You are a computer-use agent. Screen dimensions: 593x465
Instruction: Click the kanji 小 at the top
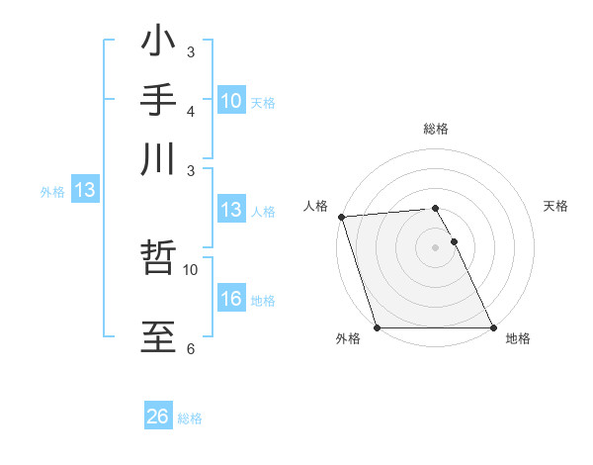click(x=159, y=45)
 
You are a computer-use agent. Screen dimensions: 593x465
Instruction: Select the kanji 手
click(x=159, y=102)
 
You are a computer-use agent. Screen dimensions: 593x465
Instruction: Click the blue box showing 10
click(x=231, y=101)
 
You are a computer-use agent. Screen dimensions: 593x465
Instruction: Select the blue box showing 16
click(x=231, y=299)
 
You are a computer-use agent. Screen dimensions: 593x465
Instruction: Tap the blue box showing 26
click(x=158, y=418)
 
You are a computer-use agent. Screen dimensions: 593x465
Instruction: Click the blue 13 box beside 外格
click(x=84, y=191)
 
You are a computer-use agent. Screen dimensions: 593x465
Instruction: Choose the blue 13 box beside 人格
click(x=231, y=210)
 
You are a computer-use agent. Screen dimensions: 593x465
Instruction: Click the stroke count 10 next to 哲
click(x=191, y=269)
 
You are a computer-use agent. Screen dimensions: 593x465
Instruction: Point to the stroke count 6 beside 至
click(x=191, y=349)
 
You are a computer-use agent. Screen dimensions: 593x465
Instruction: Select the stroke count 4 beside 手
click(x=191, y=111)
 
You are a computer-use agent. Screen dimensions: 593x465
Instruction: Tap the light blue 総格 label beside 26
click(x=190, y=418)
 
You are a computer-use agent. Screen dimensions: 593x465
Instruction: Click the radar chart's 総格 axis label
click(x=436, y=129)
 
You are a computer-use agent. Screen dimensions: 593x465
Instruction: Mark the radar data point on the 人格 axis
click(x=340, y=217)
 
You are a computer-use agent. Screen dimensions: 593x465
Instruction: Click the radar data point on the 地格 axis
click(x=492, y=327)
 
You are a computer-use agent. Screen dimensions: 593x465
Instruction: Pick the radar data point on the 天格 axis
click(x=455, y=241)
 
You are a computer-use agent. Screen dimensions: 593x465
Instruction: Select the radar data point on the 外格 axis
click(x=378, y=327)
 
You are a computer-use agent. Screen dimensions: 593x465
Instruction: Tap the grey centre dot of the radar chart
click(x=436, y=246)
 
